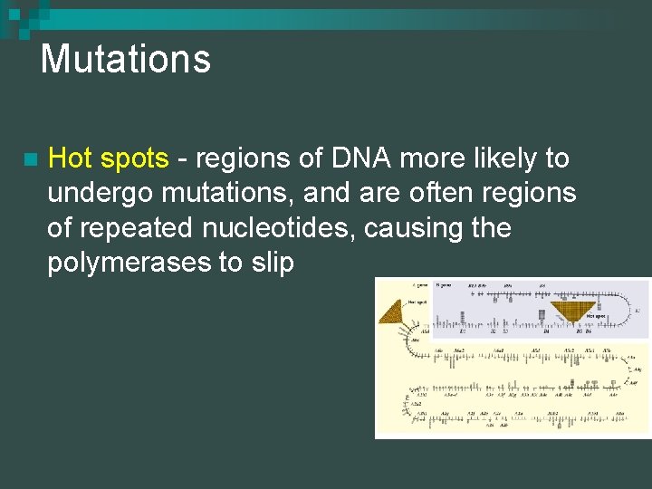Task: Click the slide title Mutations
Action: [x=125, y=60]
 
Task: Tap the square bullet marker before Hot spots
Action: [x=31, y=160]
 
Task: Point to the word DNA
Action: [x=361, y=158]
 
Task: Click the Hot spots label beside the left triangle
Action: [x=417, y=302]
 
